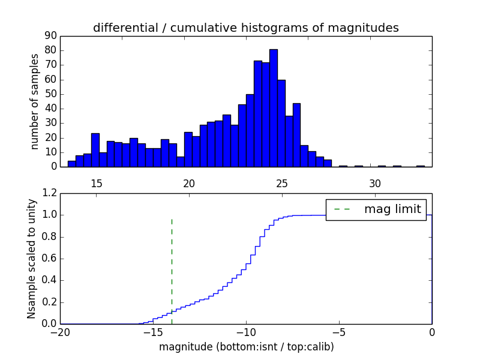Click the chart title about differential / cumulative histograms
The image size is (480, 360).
click(x=245, y=28)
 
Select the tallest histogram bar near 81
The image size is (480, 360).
click(x=274, y=108)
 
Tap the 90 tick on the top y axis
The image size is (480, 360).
click(x=50, y=36)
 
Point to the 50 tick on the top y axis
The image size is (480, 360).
click(x=50, y=94)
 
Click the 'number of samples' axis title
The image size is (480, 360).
click(x=35, y=101)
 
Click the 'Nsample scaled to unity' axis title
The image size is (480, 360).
click(x=32, y=259)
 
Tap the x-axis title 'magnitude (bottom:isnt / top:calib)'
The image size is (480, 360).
click(x=246, y=347)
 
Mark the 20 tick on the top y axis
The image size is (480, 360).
click(x=50, y=138)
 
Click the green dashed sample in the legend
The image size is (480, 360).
click(x=342, y=209)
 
